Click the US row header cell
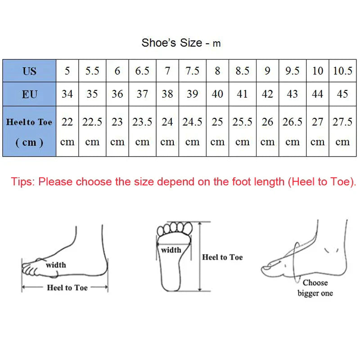pyautogui.click(x=29, y=71)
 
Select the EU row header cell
pyautogui.click(x=29, y=94)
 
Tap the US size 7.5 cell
pyautogui.click(x=192, y=71)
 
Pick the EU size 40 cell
pyautogui.click(x=217, y=94)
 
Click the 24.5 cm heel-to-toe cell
pyautogui.click(x=192, y=131)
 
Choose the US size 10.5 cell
pyautogui.click(x=342, y=71)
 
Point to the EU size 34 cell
pyautogui.click(x=67, y=94)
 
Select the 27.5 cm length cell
pyautogui.click(x=342, y=131)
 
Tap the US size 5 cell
pyautogui.click(x=67, y=71)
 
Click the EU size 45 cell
pyautogui.click(x=342, y=94)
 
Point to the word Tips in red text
pyautogui.click(x=23, y=182)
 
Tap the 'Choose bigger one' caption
pyautogui.click(x=315, y=288)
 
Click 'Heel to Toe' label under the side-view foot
pyautogui.click(x=67, y=288)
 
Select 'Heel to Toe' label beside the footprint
pyautogui.click(x=222, y=257)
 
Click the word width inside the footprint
pyautogui.click(x=171, y=250)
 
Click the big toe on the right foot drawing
pyautogui.click(x=270, y=268)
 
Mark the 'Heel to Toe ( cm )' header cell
pyautogui.click(x=29, y=131)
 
